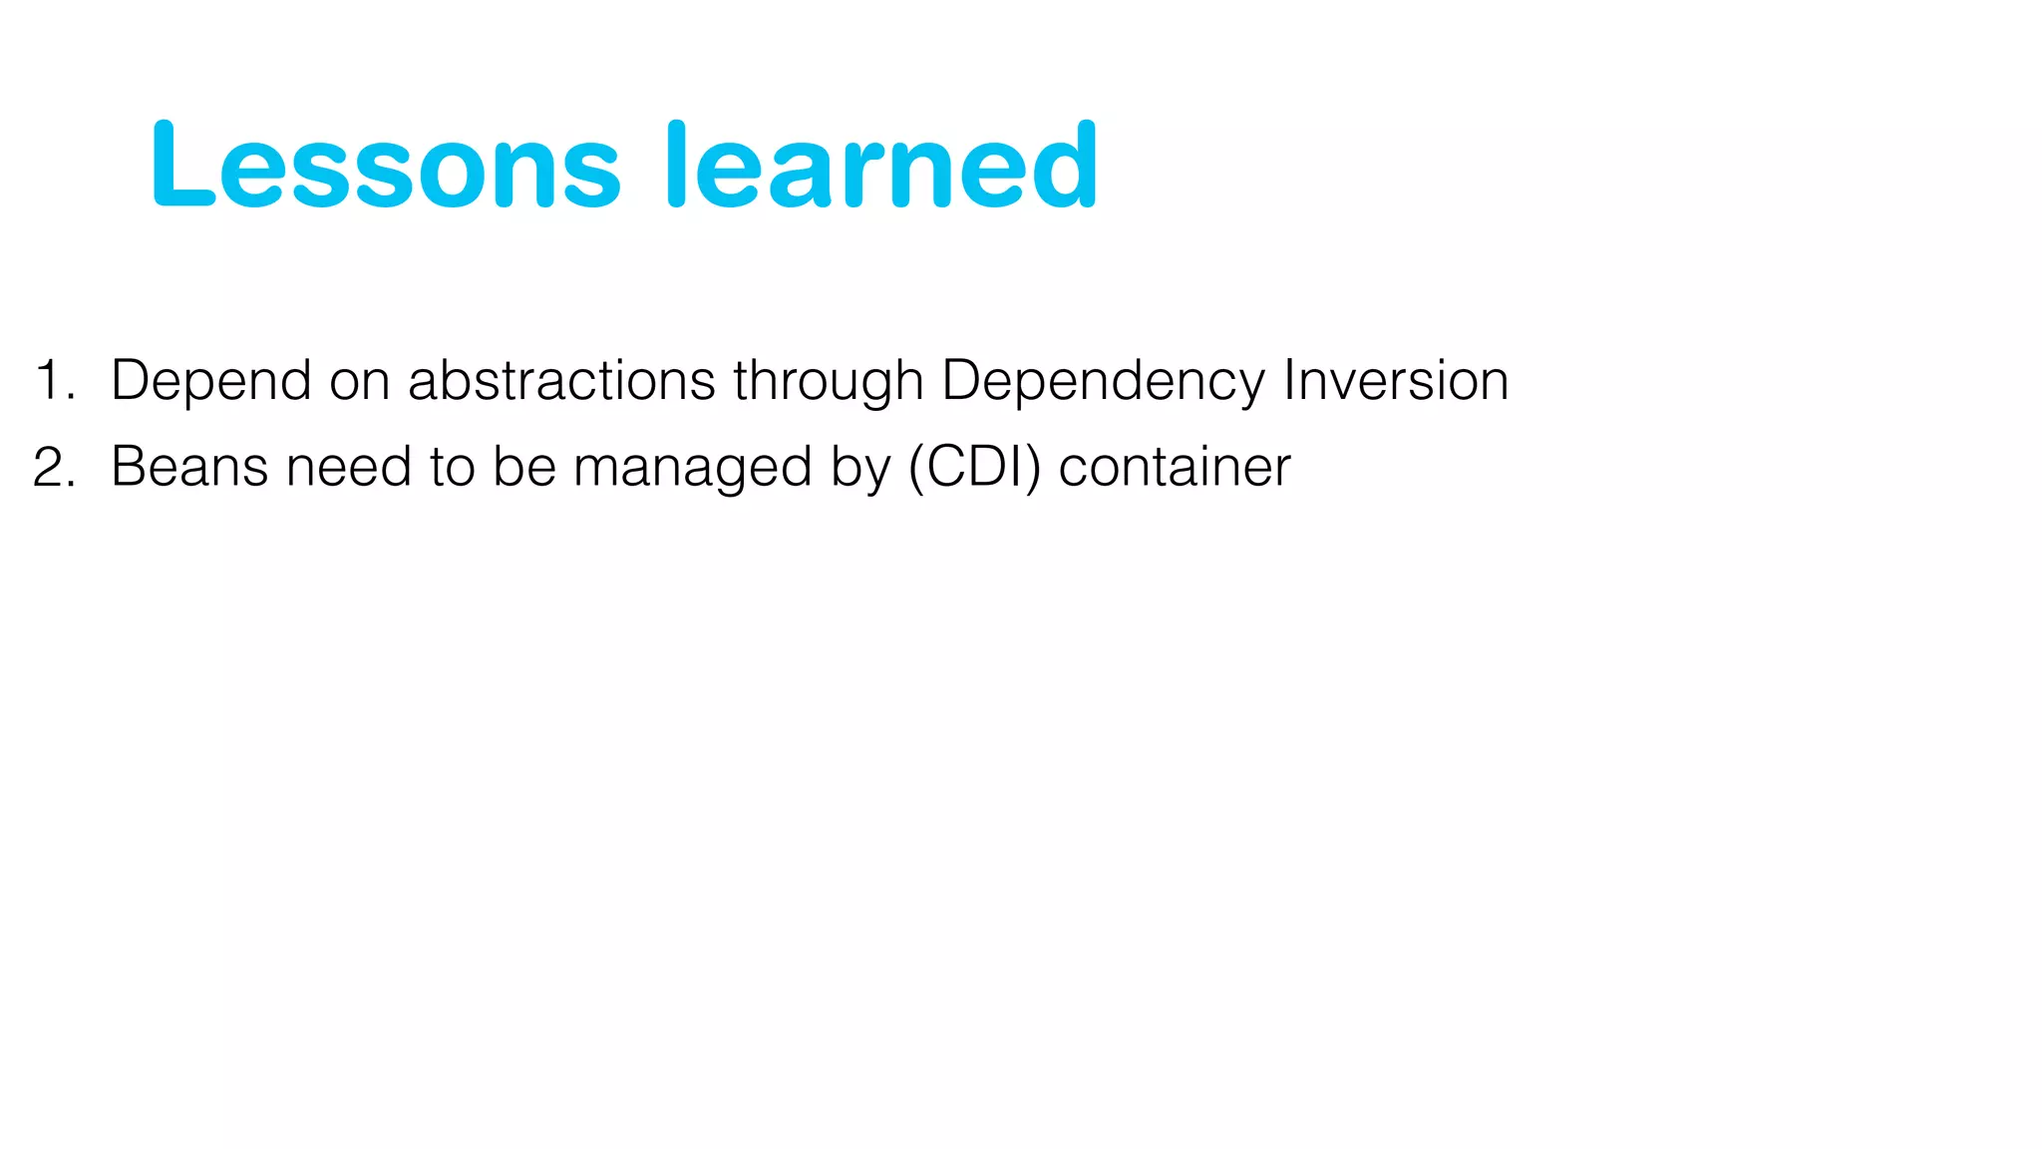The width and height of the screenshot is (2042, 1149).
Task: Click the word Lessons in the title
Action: pyautogui.click(x=386, y=166)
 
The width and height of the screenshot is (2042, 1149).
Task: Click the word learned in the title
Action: pyautogui.click(x=881, y=166)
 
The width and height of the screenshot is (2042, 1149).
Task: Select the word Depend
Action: pyautogui.click(x=210, y=381)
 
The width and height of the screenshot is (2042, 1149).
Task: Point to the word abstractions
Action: pyautogui.click(x=561, y=381)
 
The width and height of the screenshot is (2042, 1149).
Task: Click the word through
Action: pyautogui.click(x=829, y=381)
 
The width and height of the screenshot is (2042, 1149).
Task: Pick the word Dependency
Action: pyautogui.click(x=1103, y=381)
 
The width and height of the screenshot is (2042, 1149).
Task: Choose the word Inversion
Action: pyautogui.click(x=1396, y=381)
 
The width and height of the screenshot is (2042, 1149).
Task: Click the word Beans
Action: pyautogui.click(x=189, y=468)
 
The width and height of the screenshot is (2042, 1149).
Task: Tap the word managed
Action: pyautogui.click(x=692, y=468)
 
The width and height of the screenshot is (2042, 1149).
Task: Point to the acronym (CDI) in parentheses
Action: pyautogui.click(x=974, y=468)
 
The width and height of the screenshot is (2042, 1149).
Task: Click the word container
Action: pyautogui.click(x=1175, y=468)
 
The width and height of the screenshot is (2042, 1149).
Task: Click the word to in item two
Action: pyautogui.click(x=452, y=468)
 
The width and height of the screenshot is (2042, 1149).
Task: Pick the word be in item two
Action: pyautogui.click(x=524, y=468)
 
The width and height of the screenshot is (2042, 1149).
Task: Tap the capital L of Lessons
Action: pyautogui.click(x=181, y=166)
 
